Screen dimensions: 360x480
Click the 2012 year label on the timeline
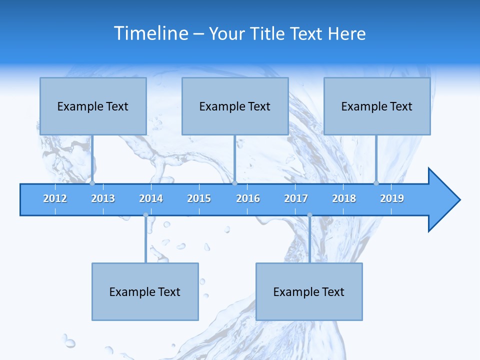55,198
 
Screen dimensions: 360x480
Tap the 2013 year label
103,198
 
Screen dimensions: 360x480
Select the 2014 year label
151,198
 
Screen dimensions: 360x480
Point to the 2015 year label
199,198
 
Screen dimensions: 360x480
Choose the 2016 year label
248,198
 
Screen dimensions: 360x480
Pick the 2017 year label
296,198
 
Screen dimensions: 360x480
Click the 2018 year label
344,198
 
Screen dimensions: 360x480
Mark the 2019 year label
392,198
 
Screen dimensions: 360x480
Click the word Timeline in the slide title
151,33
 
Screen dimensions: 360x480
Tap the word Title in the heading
268,33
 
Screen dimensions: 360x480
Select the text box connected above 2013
93,106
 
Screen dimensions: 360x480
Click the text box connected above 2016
235,106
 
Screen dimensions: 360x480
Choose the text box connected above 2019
377,106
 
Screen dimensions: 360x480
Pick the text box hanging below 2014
145,291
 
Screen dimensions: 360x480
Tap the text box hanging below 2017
309,291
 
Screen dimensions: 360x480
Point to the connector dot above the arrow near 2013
92,183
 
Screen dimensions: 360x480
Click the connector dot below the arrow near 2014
145,215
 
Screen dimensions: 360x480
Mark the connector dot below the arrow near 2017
309,215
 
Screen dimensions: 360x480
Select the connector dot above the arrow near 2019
376,183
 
